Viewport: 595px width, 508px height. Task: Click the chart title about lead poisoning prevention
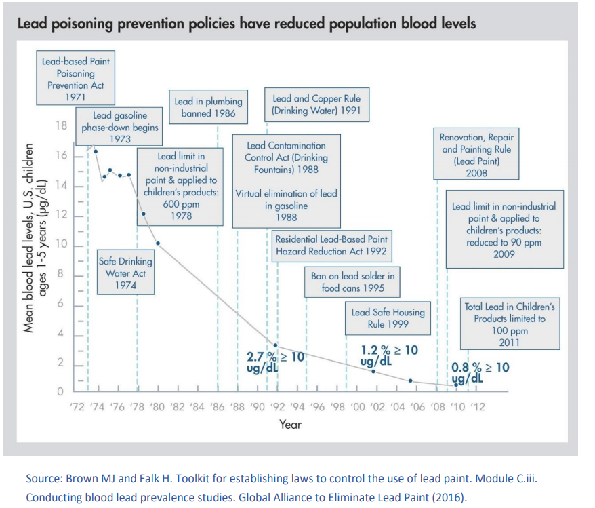245,24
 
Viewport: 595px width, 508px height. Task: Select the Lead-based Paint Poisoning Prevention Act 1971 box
76,79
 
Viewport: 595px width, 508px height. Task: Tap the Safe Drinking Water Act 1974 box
125,273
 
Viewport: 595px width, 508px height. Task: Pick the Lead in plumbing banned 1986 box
208,107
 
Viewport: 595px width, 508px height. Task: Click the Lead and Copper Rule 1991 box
316,104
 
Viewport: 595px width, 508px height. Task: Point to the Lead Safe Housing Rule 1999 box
388,317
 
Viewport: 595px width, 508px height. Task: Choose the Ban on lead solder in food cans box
352,281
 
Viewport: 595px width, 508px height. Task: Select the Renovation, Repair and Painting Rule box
476,155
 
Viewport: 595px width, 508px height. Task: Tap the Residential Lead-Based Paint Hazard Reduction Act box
331,245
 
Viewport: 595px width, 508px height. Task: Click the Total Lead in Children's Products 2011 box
510,324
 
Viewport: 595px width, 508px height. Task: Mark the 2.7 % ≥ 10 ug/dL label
274,359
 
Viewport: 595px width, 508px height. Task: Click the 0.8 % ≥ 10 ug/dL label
480,372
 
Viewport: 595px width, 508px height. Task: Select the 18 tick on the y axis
62,126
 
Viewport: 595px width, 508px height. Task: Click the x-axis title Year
290,425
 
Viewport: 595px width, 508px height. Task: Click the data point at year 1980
158,243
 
